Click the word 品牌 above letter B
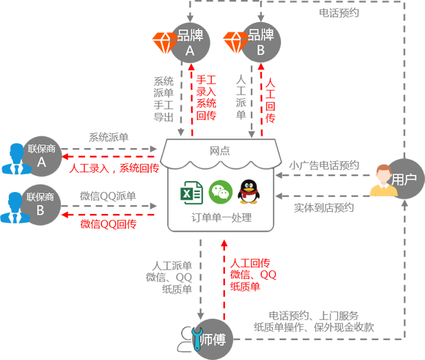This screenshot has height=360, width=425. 260,34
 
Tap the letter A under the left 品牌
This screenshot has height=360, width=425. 190,51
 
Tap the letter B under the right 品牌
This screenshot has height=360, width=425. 260,50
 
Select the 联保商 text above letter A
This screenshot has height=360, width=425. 40,149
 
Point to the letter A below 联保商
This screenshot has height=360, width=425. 41,163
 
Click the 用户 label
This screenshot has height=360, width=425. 404,180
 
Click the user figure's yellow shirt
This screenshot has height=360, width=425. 382,206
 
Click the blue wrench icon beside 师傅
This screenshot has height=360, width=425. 196,339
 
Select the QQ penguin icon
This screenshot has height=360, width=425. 250,189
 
